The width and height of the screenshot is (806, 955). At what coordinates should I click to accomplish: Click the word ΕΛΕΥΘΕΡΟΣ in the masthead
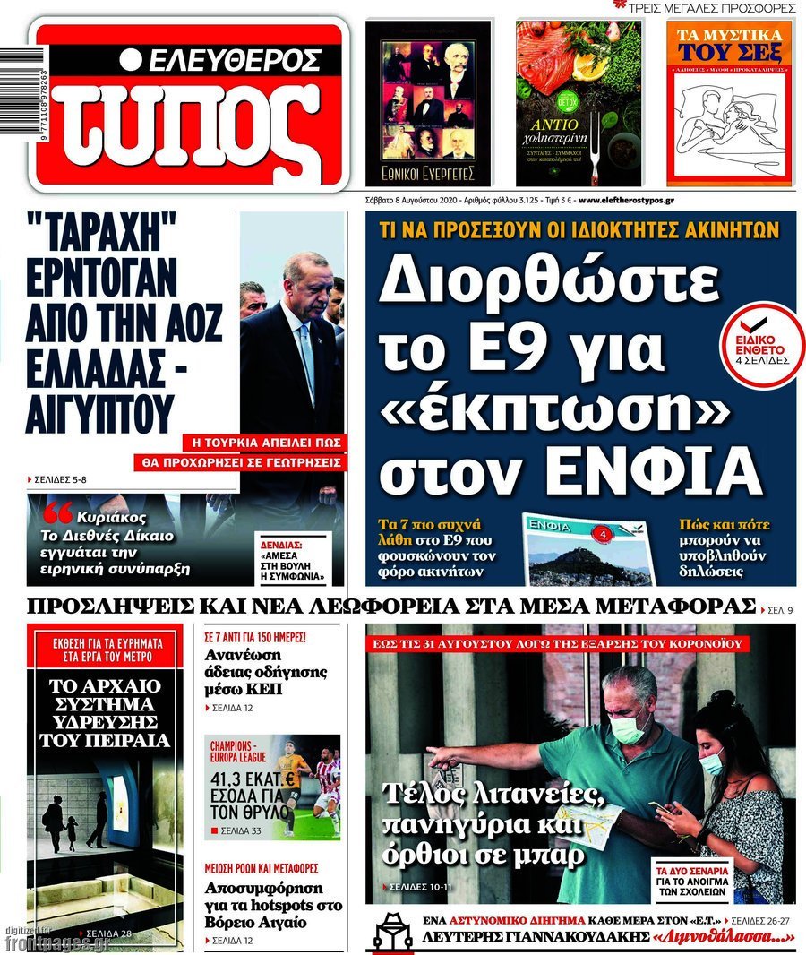tap(233, 61)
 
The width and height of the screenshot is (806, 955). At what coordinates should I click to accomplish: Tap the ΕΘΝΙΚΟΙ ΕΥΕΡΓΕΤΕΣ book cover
tap(428, 102)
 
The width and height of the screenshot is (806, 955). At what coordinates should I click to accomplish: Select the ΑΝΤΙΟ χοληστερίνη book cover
tap(578, 102)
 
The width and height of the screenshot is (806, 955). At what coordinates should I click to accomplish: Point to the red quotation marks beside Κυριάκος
tap(56, 514)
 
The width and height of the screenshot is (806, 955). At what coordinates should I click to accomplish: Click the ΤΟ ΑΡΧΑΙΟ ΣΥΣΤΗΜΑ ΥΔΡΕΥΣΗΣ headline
tap(104, 713)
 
